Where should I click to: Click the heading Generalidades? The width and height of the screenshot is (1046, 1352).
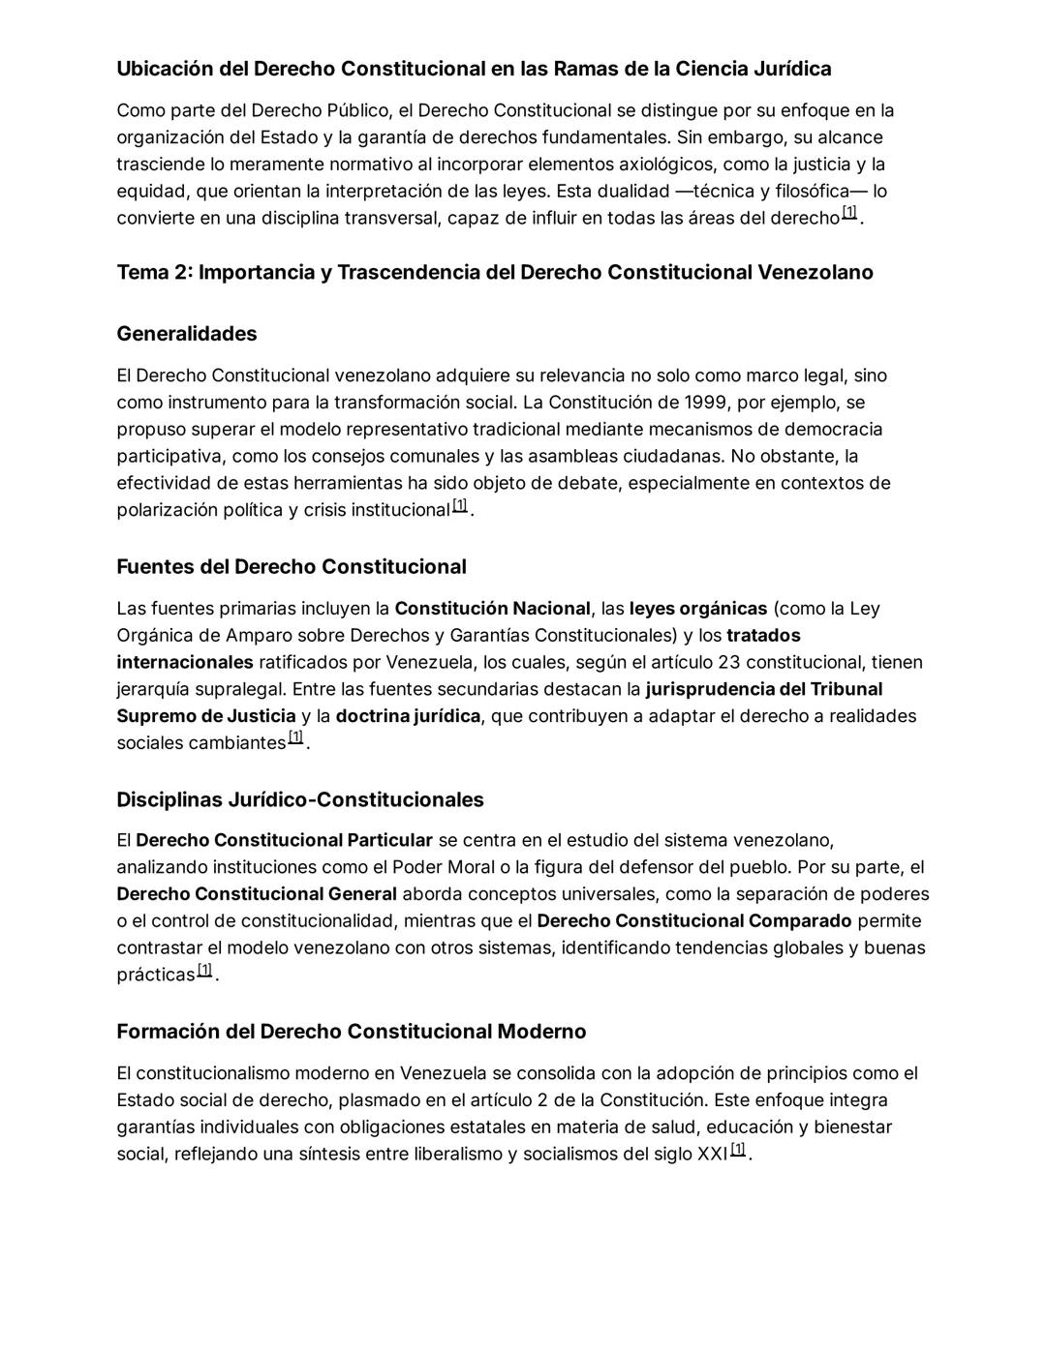[x=187, y=334]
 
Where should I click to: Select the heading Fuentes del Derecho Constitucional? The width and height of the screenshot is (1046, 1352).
[x=291, y=567]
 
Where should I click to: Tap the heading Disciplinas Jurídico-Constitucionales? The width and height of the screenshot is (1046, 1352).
[x=300, y=800]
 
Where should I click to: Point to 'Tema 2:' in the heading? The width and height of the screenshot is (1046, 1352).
[x=154, y=273]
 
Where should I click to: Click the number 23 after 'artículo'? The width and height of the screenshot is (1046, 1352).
[x=729, y=663]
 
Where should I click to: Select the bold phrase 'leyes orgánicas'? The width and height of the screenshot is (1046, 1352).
[x=697, y=609]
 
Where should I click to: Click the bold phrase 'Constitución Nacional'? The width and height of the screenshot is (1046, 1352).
[x=492, y=609]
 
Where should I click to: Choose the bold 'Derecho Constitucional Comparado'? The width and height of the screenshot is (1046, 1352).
[x=693, y=921]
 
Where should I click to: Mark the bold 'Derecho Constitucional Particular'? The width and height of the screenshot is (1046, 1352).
[x=284, y=840]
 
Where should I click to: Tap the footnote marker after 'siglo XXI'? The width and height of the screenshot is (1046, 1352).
[x=738, y=1150]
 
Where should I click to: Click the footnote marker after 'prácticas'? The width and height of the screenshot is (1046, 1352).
[x=204, y=971]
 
